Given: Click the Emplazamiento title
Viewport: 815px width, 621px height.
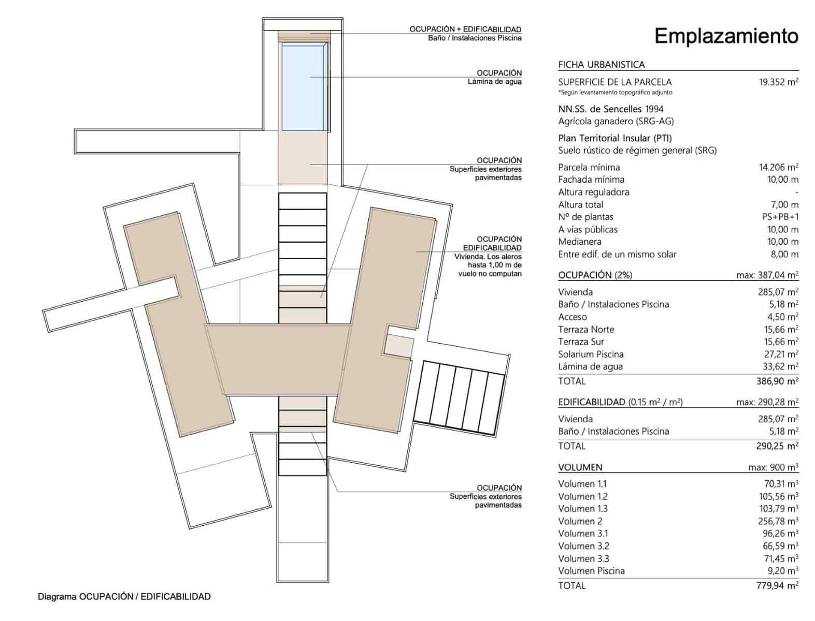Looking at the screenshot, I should click(x=726, y=36).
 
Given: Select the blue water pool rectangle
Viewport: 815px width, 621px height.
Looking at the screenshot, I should click(x=303, y=86).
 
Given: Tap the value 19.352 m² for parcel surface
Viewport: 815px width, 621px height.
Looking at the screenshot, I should click(x=778, y=82).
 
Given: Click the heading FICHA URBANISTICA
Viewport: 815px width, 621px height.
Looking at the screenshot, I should click(x=601, y=65).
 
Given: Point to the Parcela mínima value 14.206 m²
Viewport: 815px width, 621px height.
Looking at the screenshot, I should click(x=778, y=167).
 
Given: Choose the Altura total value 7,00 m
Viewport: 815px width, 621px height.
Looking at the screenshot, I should click(x=784, y=204).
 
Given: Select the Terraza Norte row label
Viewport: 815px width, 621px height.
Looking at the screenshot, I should click(x=586, y=329).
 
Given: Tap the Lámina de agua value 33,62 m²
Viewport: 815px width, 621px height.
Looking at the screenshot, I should click(x=778, y=366).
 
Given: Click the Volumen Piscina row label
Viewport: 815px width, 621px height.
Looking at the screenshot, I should click(x=591, y=571).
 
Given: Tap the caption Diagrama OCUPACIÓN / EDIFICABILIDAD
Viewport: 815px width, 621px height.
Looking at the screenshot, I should click(x=124, y=597).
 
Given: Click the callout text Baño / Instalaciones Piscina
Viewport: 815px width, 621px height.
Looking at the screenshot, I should click(x=475, y=38).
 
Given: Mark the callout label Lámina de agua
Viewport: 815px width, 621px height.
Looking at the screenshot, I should click(x=494, y=82).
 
